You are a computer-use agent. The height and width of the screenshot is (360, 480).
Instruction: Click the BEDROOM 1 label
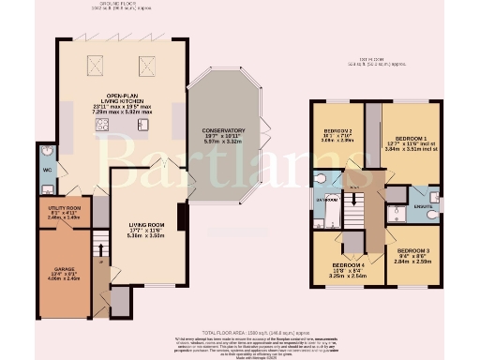[411, 139]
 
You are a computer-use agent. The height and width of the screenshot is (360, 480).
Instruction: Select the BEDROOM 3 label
[412, 251]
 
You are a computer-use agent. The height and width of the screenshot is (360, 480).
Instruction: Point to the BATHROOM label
[325, 200]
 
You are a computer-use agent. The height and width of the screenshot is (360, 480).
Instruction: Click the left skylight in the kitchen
[96, 65]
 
